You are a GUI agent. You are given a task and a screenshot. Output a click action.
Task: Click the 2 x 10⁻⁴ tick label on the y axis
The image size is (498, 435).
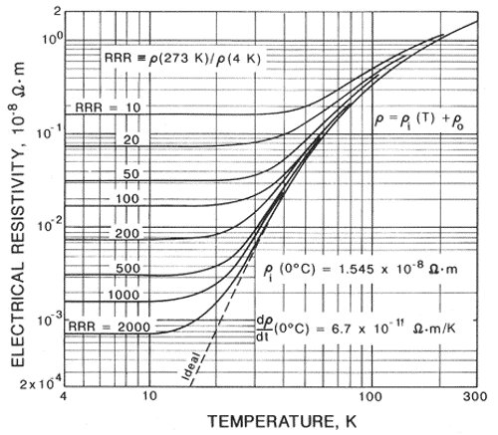tap(38, 382)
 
